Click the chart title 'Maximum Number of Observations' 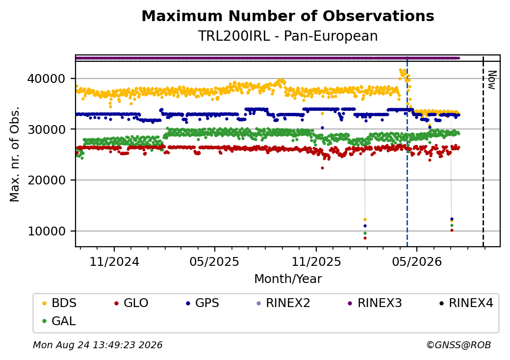(288, 16)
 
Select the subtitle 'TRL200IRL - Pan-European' (288, 36)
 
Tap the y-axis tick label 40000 (47, 78)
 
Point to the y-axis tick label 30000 (47, 129)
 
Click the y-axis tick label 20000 (47, 180)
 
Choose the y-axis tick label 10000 (47, 231)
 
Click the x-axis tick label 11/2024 (114, 262)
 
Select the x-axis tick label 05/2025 (214, 262)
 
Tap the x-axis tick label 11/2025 (316, 262)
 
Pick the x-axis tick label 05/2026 (417, 262)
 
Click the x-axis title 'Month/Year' (288, 279)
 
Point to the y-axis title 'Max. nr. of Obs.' (15, 154)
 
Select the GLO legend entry (131, 303)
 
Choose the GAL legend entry (59, 321)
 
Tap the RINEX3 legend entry (375, 303)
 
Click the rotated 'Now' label (492, 80)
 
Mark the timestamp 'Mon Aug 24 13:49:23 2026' (98, 345)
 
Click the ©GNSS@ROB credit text (459, 345)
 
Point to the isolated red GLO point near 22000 (322, 168)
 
